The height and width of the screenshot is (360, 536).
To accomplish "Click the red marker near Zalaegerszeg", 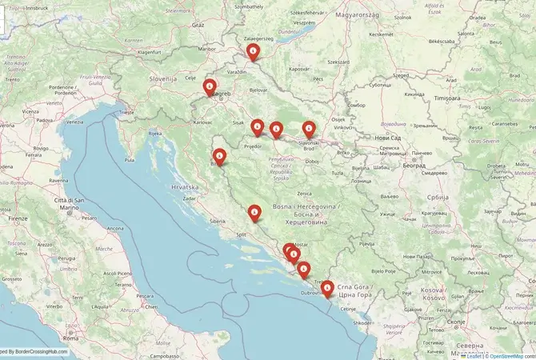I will point(253,53).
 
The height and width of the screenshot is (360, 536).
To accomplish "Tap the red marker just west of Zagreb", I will point(210,86).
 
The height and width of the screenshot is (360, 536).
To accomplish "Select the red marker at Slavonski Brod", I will point(309,128).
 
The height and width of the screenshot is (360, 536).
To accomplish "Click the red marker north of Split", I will point(254,213).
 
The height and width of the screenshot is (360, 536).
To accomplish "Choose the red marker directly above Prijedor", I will point(258,126).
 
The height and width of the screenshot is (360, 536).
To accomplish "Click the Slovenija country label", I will point(162,79).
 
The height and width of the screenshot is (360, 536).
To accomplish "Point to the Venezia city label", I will point(74,122).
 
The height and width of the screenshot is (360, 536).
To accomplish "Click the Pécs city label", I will point(317,80).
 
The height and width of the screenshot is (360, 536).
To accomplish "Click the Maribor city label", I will point(207,49).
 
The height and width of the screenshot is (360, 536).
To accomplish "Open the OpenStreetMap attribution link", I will point(511,355).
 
